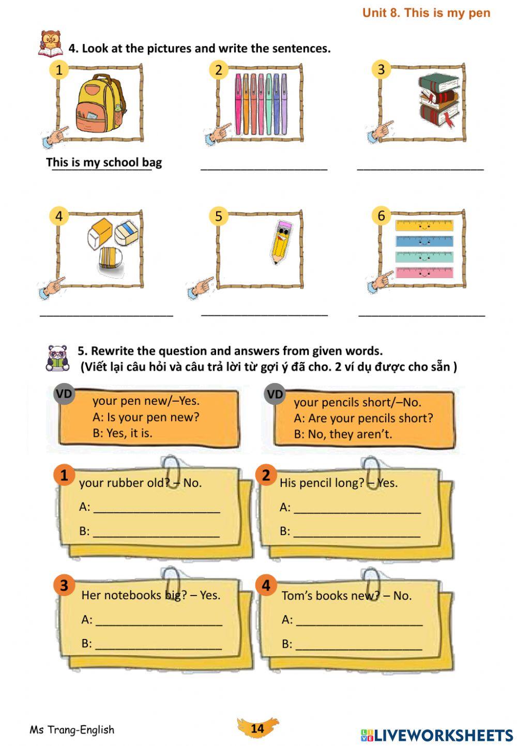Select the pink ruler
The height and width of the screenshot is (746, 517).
click(424, 272)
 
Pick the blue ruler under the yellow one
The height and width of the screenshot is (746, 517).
click(424, 241)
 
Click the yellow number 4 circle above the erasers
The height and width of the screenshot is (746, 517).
click(58, 216)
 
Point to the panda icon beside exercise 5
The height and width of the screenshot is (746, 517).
click(57, 358)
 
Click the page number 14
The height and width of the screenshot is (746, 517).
click(257, 728)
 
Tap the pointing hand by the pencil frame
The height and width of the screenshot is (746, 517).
click(200, 287)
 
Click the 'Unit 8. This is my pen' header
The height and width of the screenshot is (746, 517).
click(426, 12)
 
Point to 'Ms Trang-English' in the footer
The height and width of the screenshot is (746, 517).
click(72, 729)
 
